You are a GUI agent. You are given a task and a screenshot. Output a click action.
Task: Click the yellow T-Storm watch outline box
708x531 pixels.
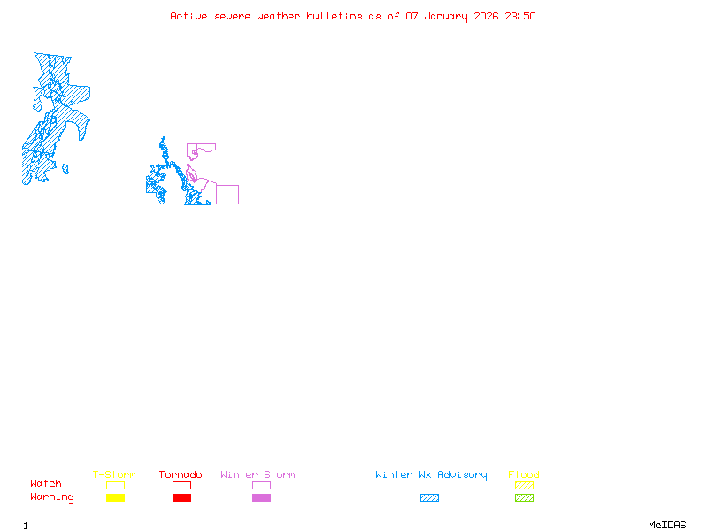click(115, 485)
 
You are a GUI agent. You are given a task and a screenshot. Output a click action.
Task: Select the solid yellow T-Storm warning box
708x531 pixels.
click(115, 497)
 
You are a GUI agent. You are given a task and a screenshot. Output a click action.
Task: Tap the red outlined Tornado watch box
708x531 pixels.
click(181, 485)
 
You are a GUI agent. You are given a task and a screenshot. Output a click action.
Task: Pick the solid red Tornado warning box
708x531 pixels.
click(181, 497)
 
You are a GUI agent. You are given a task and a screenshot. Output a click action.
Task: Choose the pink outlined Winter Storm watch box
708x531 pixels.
click(261, 485)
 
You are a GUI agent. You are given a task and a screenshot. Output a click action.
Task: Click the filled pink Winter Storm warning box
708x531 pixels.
click(261, 497)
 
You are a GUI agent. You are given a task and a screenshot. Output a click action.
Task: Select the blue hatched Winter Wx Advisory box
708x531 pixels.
click(429, 497)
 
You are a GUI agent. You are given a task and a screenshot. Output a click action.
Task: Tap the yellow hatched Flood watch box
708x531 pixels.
click(524, 485)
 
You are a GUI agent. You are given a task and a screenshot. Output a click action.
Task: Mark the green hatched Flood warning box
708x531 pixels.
click(524, 497)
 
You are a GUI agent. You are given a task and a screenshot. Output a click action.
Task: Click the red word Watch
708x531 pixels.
click(46, 484)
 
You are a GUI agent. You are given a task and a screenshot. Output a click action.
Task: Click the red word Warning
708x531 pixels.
click(52, 497)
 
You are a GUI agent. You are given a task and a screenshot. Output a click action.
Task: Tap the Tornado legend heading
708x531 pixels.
click(181, 475)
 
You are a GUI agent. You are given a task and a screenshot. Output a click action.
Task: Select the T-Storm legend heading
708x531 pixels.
click(114, 475)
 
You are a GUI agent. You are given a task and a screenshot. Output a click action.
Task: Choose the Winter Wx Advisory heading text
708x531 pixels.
click(431, 475)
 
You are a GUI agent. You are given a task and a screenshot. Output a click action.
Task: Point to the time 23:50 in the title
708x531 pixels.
click(520, 16)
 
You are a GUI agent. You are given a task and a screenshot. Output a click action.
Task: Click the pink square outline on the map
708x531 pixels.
click(227, 195)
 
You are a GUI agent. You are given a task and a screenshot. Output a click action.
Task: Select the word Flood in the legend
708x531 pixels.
click(524, 475)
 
